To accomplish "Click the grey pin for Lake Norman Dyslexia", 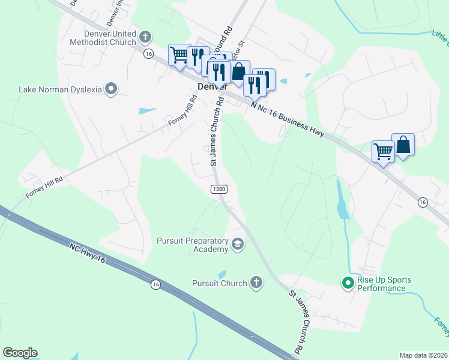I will (x=111, y=89).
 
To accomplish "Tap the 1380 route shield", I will (x=218, y=189).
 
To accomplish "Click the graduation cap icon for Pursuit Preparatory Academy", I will (x=238, y=244).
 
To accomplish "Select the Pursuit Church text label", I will (x=219, y=283).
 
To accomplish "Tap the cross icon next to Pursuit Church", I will (x=256, y=283).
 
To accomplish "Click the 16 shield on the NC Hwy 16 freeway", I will (x=155, y=284).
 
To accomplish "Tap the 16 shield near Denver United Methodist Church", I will (x=148, y=54).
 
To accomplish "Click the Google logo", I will (x=20, y=353).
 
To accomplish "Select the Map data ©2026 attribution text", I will (x=424, y=355).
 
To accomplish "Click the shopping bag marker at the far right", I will (x=403, y=145).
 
